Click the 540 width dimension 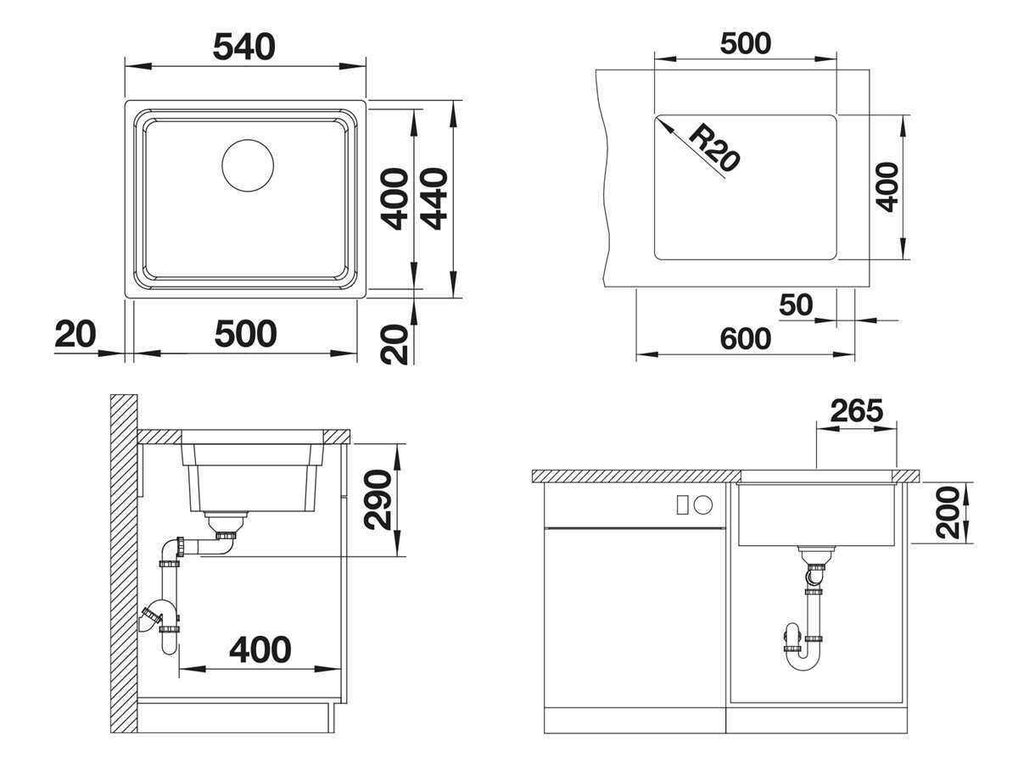243,47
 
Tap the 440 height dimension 434,199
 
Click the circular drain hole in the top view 248,164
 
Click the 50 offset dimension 795,304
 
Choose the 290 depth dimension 378,500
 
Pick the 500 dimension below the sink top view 245,334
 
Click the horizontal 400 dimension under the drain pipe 260,650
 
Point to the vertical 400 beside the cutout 887,187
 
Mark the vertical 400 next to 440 394,199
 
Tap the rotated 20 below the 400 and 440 395,344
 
